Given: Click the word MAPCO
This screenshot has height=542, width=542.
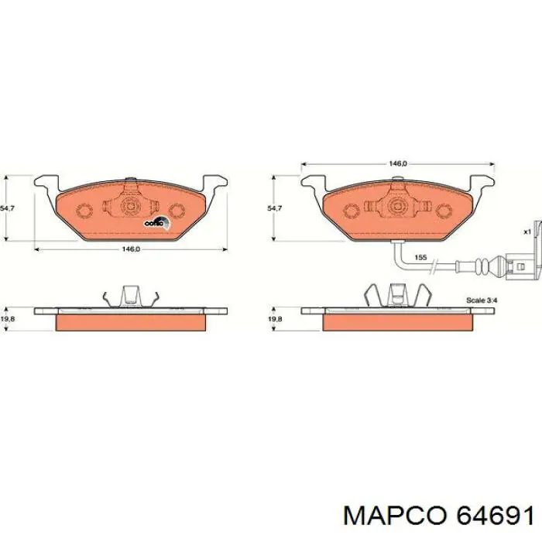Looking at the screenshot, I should (x=393, y=513).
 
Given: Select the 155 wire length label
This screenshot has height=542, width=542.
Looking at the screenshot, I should (x=420, y=256).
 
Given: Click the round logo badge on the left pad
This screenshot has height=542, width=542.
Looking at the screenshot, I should (x=154, y=223).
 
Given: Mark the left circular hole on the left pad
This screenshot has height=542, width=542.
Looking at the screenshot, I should (x=84, y=209).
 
